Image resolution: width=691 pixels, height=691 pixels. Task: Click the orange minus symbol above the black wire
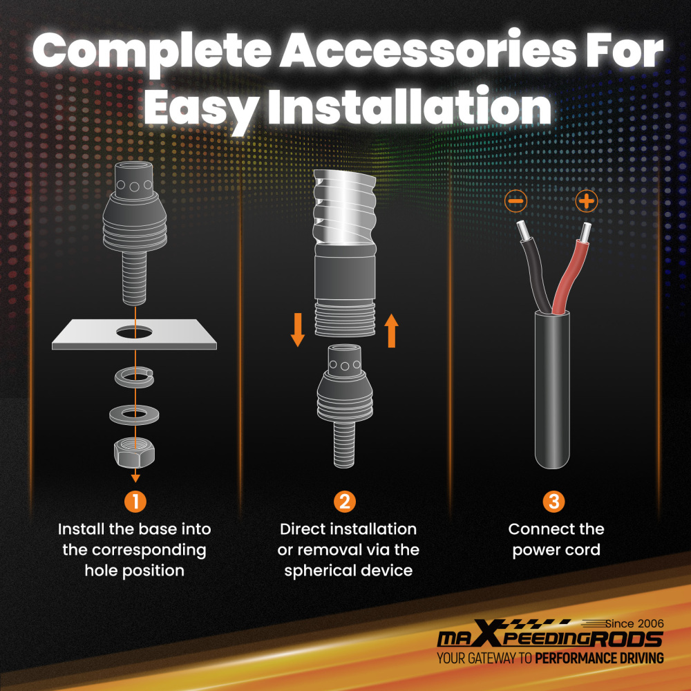(x=515, y=201)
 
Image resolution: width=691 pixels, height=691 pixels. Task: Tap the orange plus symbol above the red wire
(x=586, y=201)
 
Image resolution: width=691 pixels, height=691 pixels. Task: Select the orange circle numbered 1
(x=135, y=502)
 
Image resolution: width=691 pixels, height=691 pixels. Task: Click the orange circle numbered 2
(x=345, y=502)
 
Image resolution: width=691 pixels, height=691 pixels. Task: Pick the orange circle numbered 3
(x=554, y=502)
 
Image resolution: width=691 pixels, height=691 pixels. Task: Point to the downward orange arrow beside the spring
(x=297, y=330)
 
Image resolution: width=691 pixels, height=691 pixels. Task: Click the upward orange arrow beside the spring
(x=391, y=330)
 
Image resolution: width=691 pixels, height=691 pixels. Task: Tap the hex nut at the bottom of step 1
(x=135, y=453)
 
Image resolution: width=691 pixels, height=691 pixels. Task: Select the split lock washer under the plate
(x=135, y=377)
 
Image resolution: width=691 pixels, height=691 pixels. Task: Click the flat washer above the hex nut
(x=134, y=415)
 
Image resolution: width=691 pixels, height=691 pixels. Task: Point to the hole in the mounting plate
(x=135, y=332)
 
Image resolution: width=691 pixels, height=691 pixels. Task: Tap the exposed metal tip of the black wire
(x=522, y=230)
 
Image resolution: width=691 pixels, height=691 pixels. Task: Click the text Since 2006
(x=634, y=623)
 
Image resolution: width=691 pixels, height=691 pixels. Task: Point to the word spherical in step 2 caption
(x=321, y=571)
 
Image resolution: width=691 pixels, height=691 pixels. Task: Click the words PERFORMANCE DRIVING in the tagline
(x=599, y=659)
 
